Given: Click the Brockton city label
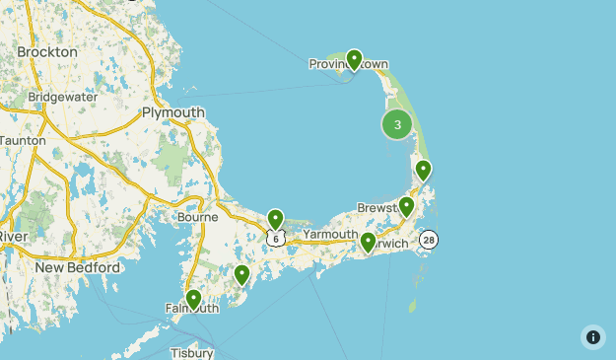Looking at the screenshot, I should [47, 51].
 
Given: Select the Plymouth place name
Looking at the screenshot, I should [173, 112].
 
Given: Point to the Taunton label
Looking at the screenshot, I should [22, 141].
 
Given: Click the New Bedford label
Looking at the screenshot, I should [77, 267].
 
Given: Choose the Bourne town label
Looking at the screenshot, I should [196, 217].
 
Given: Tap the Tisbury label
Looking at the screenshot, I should [190, 352].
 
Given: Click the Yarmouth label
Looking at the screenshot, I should [330, 234].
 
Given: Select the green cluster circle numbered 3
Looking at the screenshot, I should [397, 124].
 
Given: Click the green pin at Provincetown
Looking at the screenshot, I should [354, 60].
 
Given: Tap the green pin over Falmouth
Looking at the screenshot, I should [193, 298].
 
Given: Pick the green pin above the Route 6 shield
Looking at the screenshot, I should [276, 219].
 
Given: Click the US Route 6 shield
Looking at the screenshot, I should [276, 238].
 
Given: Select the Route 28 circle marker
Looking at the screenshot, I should [428, 240].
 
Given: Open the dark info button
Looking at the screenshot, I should [593, 337].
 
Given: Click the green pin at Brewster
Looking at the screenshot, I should [406, 206].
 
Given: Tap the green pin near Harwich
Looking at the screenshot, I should [368, 242].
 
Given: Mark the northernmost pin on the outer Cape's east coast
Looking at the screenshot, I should [423, 170].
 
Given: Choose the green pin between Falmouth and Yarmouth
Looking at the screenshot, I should [241, 275].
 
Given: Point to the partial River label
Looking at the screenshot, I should [13, 238].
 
